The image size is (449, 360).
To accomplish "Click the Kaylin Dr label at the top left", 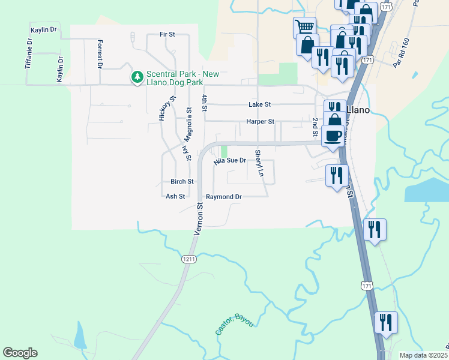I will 44,29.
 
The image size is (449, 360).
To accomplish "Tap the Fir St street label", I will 167,34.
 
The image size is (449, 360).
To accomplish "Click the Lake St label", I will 259,104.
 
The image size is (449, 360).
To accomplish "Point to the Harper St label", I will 260,121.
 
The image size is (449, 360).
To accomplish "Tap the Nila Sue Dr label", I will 231,160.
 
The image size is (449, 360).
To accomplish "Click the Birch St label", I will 182,181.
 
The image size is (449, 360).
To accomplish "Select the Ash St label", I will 175,196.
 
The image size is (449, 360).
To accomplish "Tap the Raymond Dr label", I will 223,196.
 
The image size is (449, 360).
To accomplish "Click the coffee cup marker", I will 332,134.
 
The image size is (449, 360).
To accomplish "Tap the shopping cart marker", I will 304,26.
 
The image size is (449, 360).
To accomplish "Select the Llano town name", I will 358,110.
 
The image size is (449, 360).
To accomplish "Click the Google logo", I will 20,353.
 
